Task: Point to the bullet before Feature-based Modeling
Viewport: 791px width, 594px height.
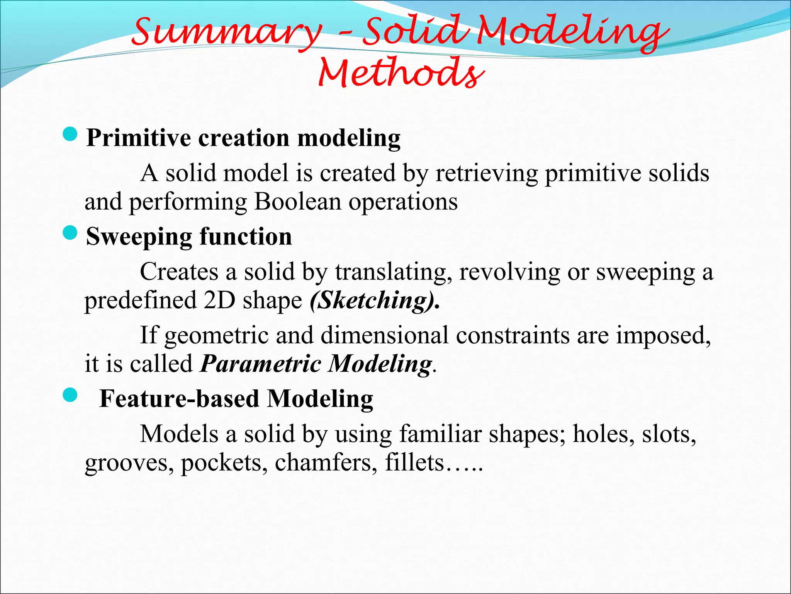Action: [70, 395]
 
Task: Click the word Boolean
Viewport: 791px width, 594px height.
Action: [297, 201]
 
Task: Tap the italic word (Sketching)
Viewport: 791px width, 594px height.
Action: [375, 300]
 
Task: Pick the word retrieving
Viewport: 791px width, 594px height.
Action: [487, 173]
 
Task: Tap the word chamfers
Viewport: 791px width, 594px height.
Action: [326, 463]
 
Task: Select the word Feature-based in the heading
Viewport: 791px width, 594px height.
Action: [179, 399]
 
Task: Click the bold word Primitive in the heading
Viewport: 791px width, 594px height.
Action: [139, 138]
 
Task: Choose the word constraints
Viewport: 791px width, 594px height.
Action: [513, 335]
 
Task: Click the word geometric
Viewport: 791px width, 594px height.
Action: [216, 336]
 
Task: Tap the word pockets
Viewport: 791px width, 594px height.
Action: [224, 463]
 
